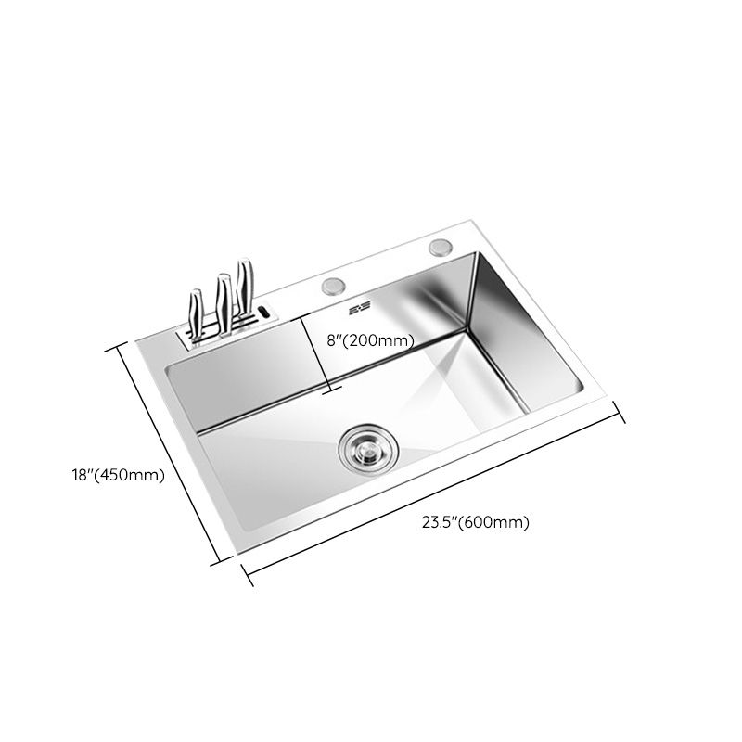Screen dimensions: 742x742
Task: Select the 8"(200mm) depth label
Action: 370,340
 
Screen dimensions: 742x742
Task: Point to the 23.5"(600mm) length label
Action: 475,522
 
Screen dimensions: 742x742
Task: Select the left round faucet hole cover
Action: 333,286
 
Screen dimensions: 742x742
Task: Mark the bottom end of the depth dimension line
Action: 326,391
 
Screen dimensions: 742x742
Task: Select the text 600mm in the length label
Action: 500,522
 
